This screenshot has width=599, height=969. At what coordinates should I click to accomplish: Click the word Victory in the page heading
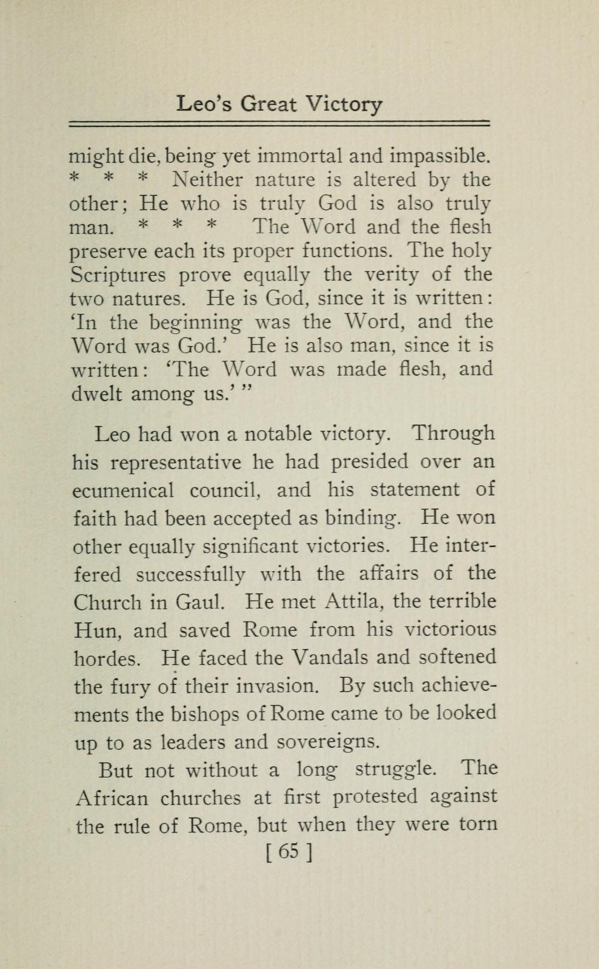tap(343, 105)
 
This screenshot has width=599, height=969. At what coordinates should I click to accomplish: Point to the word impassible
tap(440, 156)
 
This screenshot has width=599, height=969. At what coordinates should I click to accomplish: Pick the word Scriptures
tap(118, 275)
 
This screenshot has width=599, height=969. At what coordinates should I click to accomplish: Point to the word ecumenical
tap(123, 490)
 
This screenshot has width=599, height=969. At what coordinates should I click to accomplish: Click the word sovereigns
tap(329, 742)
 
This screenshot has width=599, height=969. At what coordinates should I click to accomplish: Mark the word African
tap(112, 798)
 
